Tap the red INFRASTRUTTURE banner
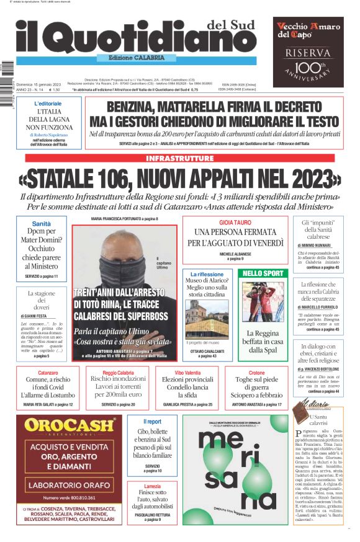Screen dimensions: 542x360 click(179, 158)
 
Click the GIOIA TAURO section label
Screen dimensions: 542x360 click(235, 222)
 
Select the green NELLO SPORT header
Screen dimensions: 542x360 click(263, 273)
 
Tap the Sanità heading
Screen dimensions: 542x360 click(41, 224)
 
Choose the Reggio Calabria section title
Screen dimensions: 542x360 click(119, 373)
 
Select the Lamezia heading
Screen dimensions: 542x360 click(152, 486)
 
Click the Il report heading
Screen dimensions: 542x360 click(152, 422)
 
